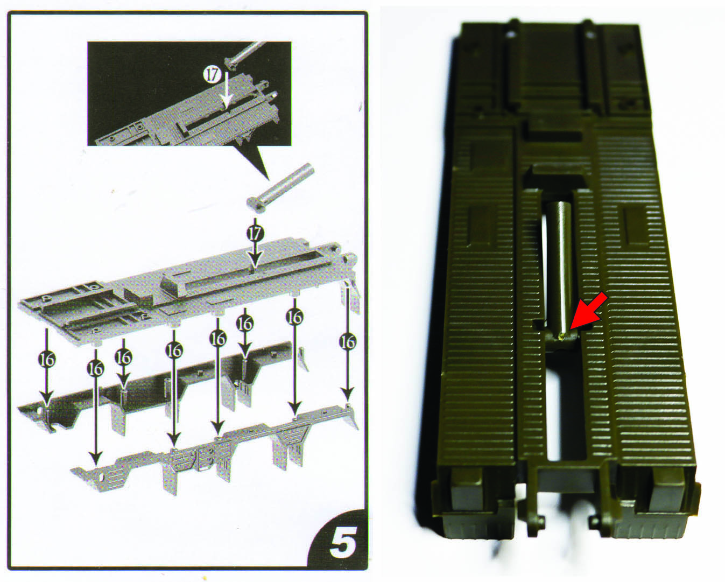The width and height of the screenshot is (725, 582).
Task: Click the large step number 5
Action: click(343, 542)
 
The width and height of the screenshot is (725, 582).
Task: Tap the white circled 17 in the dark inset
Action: click(212, 75)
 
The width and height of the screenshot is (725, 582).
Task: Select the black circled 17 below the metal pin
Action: click(255, 233)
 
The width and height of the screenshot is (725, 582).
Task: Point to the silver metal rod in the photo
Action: click(559, 271)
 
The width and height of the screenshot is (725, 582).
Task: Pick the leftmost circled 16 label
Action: click(47, 360)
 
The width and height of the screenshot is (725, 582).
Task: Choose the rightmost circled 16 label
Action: click(347, 343)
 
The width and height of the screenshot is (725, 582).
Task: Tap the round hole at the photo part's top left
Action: click(511, 34)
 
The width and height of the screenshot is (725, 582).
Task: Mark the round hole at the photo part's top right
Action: click(589, 34)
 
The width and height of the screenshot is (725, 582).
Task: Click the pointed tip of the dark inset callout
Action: click(269, 180)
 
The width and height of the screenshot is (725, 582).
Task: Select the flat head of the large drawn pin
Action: click(255, 205)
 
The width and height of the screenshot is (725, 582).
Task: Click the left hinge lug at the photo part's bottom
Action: click(533, 523)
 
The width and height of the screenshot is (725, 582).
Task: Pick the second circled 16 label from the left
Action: click(95, 369)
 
